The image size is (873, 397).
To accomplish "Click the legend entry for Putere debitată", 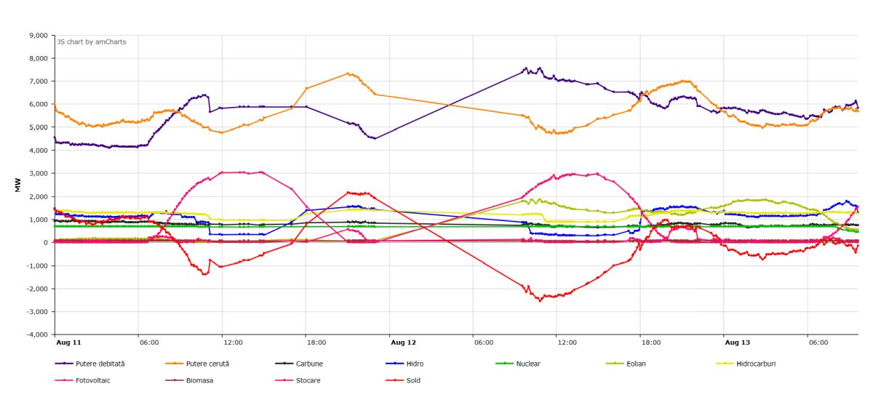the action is click(90, 364).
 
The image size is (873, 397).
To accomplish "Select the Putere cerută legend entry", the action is click(197, 364).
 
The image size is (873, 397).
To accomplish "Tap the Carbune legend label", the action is click(299, 364).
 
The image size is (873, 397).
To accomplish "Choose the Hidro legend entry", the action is click(404, 364).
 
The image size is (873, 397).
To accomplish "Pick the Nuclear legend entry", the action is click(518, 364).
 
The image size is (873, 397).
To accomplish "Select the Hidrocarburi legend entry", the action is click(746, 364).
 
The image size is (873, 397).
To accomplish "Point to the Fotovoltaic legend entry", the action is click(83, 380).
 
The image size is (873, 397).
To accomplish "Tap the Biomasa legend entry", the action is click(189, 380).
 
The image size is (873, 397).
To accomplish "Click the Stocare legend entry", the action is click(298, 380).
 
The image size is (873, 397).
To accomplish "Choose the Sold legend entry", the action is click(403, 380).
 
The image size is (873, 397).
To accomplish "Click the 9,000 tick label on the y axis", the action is click(38, 36).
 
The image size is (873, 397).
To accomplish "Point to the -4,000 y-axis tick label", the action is click(37, 334).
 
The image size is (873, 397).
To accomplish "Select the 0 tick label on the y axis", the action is click(46, 242).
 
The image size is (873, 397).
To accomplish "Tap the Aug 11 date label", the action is click(68, 342).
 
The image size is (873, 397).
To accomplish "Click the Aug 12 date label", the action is click(403, 342).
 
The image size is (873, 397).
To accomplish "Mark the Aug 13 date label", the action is click(738, 342).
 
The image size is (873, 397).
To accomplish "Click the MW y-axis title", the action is click(17, 185).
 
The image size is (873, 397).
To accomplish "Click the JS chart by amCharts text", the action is click(92, 41).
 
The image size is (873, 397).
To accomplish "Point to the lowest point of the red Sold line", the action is click(540, 301).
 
